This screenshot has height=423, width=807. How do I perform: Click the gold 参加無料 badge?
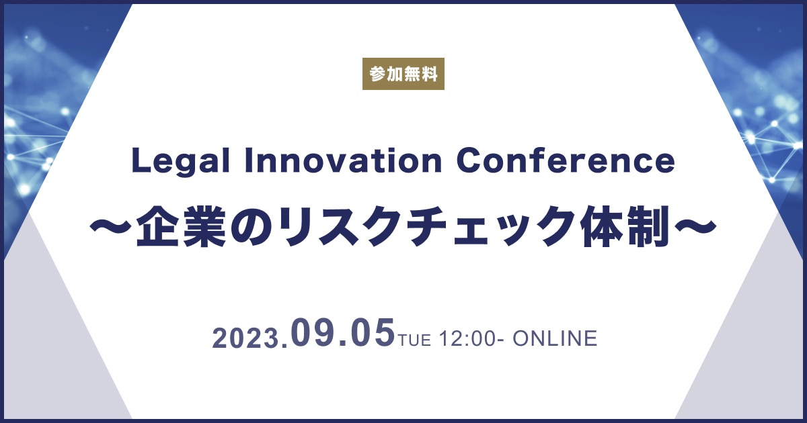403,74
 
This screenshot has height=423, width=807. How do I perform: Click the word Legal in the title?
181,162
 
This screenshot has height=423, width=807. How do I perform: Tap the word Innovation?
344,161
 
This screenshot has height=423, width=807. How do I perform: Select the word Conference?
566,161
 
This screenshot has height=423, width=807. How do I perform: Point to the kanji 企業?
181,226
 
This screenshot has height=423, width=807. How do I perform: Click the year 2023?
247,338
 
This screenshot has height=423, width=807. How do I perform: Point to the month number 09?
313,333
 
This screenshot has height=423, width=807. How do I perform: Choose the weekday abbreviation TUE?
414,340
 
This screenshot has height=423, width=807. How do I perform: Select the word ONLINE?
555,338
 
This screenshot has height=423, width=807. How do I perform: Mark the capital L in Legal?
141,161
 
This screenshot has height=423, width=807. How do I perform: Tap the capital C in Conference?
468,161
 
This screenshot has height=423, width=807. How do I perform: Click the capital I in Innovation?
248,161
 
